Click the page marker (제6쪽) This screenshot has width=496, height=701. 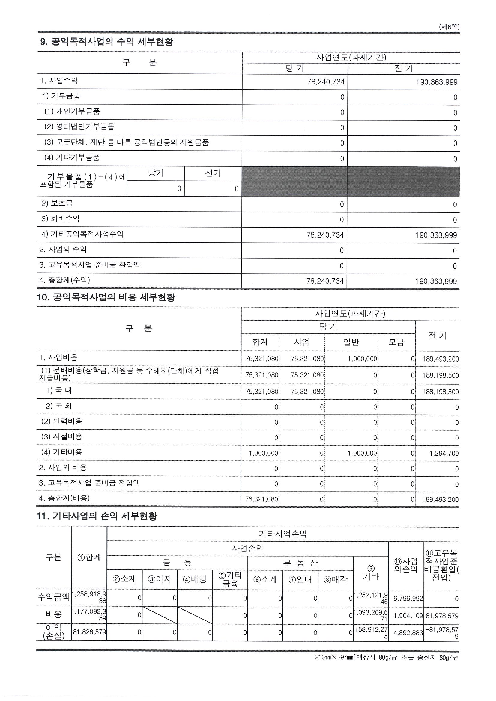click(x=449, y=27)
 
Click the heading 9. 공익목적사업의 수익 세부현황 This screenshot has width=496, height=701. click(x=107, y=42)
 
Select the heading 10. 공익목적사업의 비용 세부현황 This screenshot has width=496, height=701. click(x=106, y=297)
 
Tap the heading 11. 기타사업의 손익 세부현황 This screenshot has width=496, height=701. click(x=97, y=516)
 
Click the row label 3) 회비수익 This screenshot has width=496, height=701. click(x=61, y=219)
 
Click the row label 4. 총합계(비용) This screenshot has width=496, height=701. click(x=64, y=498)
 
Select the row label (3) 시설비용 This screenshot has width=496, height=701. click(x=62, y=436)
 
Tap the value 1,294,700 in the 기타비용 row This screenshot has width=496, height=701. click(x=444, y=453)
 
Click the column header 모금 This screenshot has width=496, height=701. click(x=396, y=342)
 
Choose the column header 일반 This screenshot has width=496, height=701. click(x=351, y=342)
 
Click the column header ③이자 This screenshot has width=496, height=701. click(x=160, y=579)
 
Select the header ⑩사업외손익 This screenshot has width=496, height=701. click(x=405, y=565)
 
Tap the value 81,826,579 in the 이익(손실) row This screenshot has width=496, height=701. click(x=89, y=632)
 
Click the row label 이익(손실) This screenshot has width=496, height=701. click(x=54, y=631)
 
